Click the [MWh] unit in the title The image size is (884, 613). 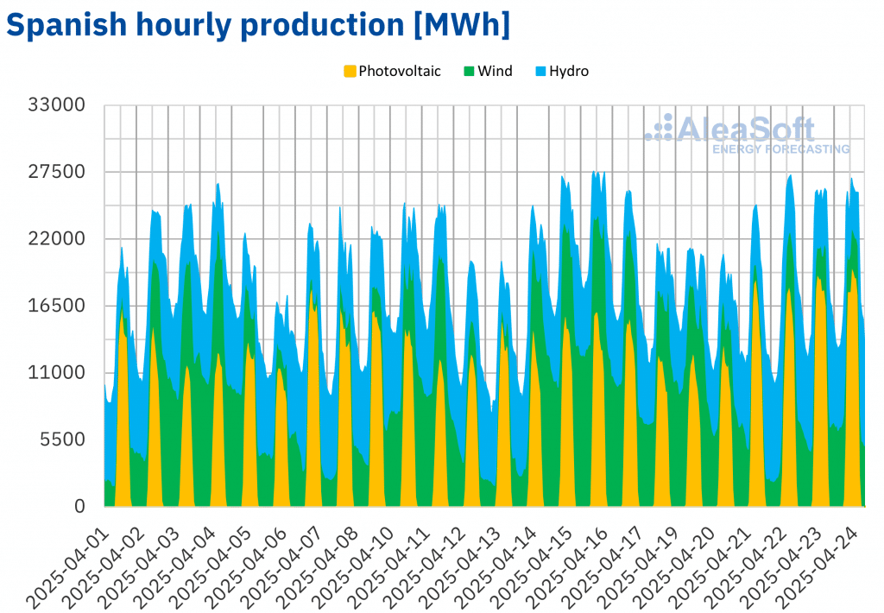tap(461, 26)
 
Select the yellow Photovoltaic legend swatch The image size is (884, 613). tap(350, 71)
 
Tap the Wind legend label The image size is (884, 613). tap(495, 71)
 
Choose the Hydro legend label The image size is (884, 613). tap(570, 71)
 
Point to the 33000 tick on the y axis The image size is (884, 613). tap(57, 105)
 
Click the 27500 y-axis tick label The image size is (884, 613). tap(57, 172)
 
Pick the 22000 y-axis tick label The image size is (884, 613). tap(57, 239)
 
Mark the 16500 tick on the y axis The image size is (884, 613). tap(57, 306)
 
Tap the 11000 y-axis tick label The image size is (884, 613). tap(57, 372)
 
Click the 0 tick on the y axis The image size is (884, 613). tap(80, 506)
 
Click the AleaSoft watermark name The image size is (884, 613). tap(745, 130)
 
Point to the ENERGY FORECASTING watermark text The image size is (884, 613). tap(780, 149)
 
